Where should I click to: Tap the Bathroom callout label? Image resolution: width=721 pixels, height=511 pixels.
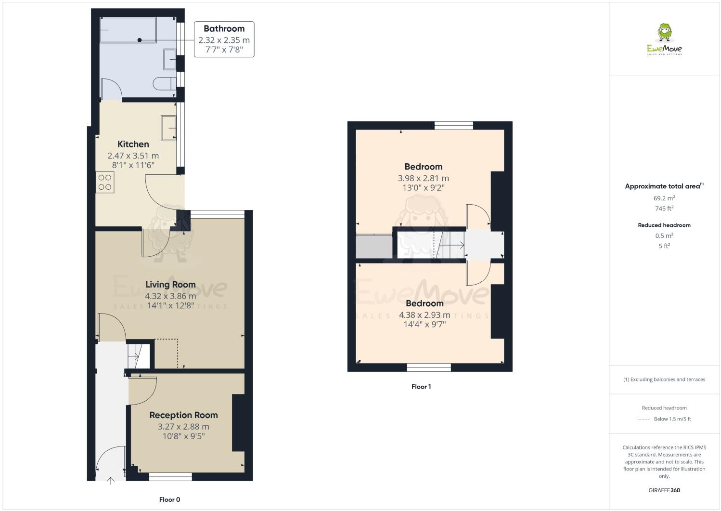pos(224,29)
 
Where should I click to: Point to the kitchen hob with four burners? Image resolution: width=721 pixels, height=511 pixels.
pos(105,183)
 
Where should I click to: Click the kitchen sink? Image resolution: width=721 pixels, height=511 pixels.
pos(168,128)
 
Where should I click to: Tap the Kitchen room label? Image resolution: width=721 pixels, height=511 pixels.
pos(133,144)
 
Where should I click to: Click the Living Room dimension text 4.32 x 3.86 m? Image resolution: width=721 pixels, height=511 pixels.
pos(170,296)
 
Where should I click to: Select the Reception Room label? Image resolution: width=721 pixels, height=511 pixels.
pos(183,415)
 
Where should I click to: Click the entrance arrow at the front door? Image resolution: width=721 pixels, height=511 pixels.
pos(111,480)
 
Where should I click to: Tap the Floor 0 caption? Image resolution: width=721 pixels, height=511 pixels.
pos(169,499)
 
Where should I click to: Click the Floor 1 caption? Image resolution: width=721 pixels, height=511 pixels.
pos(421,387)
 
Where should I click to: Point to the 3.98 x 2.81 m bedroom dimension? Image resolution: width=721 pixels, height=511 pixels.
pos(423,178)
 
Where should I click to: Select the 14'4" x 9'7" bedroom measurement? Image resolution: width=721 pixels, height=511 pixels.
pos(425,325)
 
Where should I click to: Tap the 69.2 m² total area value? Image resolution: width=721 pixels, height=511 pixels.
pos(664,198)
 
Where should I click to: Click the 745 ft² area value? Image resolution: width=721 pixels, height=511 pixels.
pos(664,209)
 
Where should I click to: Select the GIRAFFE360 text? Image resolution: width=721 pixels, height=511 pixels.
pos(664,491)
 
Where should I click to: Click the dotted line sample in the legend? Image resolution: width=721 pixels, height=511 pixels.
pos(644,419)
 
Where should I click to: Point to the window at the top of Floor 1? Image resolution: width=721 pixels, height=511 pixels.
pos(453,126)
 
